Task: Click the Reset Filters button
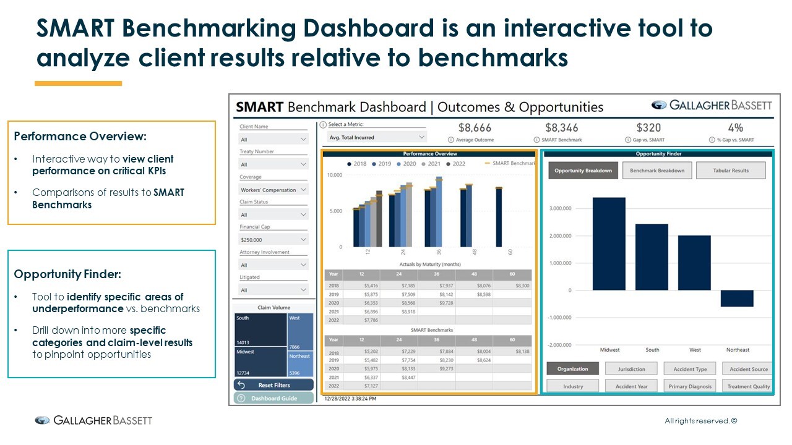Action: [x=273, y=385]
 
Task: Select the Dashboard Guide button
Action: [x=273, y=399]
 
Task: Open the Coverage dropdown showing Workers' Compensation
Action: [x=273, y=190]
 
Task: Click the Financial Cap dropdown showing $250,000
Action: [x=273, y=240]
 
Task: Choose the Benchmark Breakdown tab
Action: [x=656, y=171]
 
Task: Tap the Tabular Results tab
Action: [x=730, y=171]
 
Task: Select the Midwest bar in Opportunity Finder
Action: [x=609, y=244]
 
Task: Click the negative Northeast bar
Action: [x=737, y=299]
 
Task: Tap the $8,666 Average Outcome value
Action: [x=475, y=128]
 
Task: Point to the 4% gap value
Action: [x=735, y=128]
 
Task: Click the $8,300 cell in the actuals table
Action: [x=521, y=286]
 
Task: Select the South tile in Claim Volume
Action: [x=260, y=330]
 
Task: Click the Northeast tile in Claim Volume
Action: [x=301, y=364]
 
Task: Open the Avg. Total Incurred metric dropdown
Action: [x=376, y=137]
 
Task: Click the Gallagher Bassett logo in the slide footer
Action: [x=93, y=421]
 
